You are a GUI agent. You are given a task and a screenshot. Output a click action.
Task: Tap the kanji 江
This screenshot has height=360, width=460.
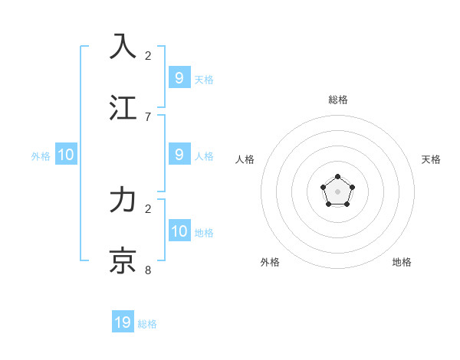[x=123, y=107]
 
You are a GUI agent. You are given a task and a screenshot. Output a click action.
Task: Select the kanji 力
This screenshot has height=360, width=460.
[x=123, y=199]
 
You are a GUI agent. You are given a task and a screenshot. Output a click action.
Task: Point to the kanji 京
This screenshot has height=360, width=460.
[x=123, y=260]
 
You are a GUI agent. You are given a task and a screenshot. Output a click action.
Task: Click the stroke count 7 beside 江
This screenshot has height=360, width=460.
[x=148, y=116]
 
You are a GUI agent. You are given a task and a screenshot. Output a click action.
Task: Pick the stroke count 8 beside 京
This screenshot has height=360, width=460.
[x=148, y=270]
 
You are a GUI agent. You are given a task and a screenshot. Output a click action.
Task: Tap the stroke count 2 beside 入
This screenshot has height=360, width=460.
[x=148, y=55]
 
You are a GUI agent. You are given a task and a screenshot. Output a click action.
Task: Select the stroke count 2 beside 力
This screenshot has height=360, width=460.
[x=148, y=208]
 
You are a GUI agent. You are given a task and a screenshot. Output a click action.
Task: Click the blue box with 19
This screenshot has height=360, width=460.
[x=123, y=322]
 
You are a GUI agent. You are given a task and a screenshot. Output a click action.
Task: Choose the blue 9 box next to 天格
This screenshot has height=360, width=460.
[x=179, y=77]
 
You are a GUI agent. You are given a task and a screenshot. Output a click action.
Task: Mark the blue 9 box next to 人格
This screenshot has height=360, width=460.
[x=179, y=154]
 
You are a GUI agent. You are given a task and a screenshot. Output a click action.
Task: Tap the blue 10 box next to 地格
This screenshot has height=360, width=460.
[x=179, y=231]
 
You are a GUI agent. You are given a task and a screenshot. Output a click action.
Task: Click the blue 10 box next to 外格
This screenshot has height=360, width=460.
[x=66, y=155]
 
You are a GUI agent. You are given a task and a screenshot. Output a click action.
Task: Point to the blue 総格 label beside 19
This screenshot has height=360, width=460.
[x=147, y=324]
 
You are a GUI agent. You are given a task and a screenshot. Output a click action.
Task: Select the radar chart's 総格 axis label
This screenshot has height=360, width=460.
[x=338, y=100]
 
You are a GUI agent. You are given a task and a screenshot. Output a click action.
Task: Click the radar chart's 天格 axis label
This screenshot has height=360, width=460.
[x=431, y=159]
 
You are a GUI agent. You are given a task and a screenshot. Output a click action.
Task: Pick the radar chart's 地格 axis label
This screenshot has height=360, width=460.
[x=402, y=262]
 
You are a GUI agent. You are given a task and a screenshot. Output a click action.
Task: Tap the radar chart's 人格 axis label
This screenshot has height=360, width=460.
[x=245, y=159]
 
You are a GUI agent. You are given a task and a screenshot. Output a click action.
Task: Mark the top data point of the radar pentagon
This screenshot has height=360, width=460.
[x=338, y=177]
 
